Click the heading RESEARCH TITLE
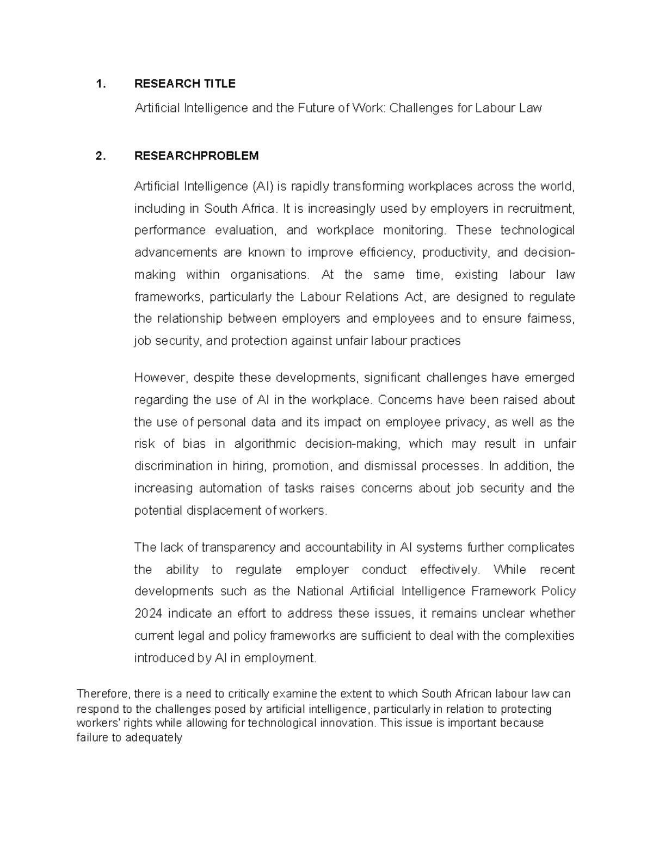(184, 83)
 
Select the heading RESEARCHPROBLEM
(196, 156)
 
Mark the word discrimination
(173, 466)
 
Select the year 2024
(148, 614)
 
